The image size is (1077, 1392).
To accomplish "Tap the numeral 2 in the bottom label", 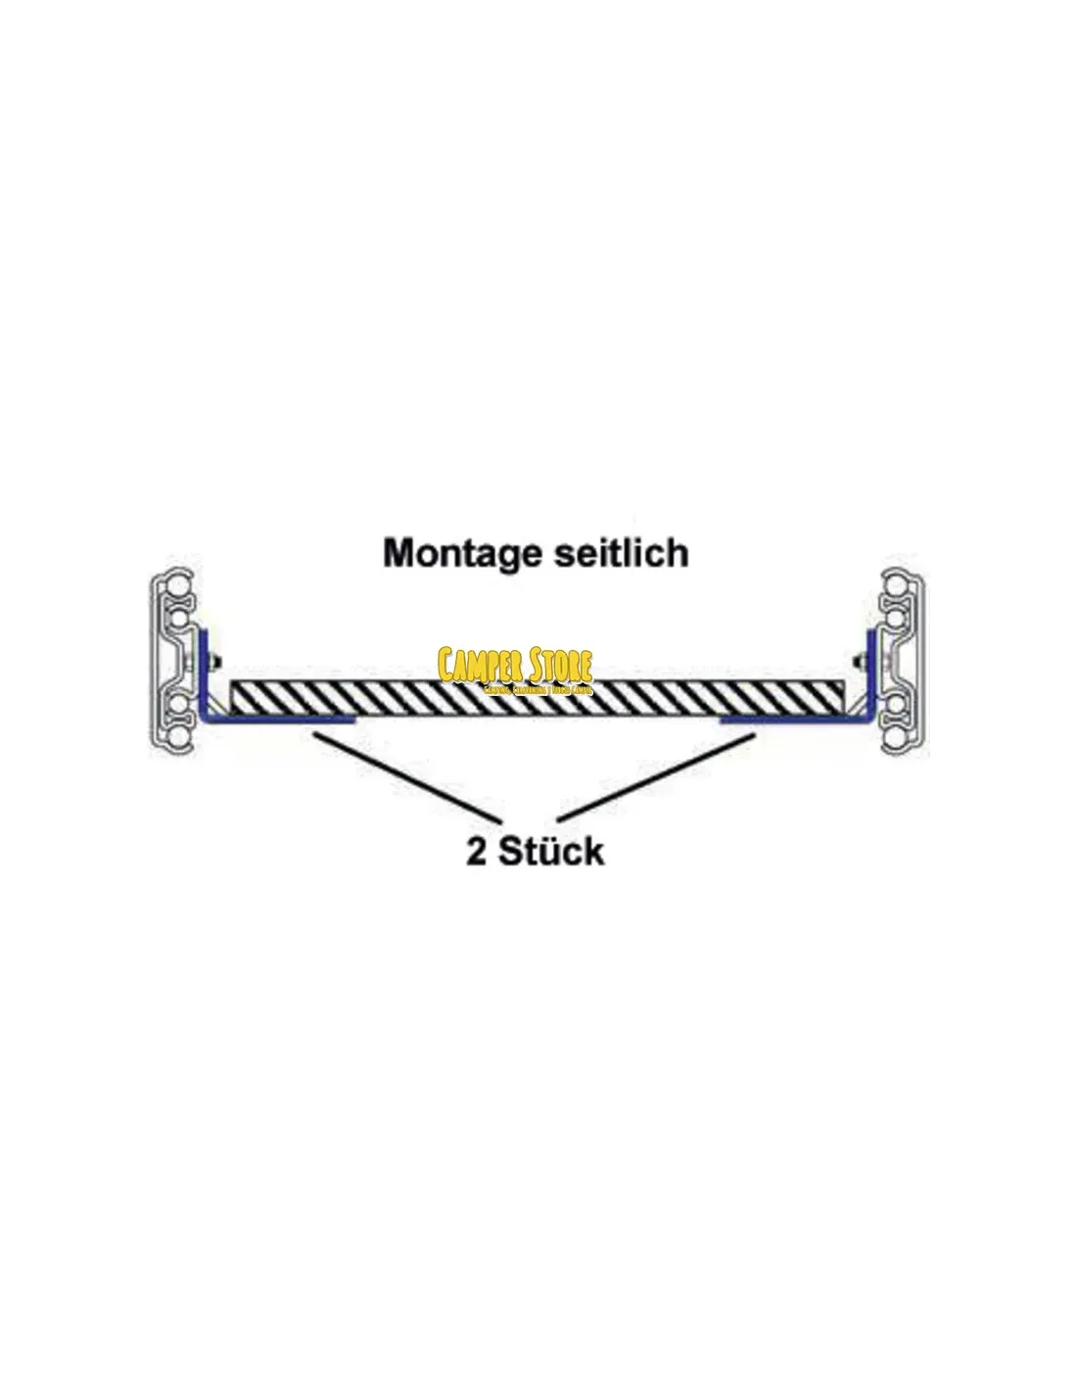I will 477,852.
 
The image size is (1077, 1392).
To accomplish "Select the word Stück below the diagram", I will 551,852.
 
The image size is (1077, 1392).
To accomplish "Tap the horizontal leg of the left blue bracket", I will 279,720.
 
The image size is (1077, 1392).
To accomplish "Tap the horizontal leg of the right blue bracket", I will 793,720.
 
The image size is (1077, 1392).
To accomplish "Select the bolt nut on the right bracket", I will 861,659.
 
